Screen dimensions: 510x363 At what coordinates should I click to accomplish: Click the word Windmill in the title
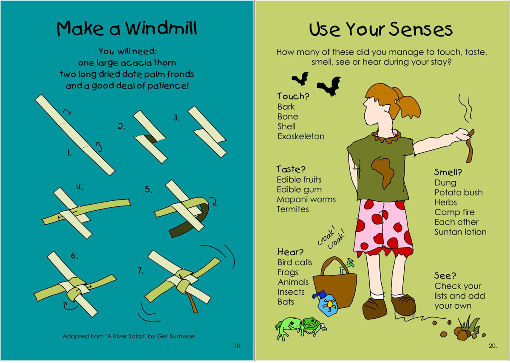(x=161, y=28)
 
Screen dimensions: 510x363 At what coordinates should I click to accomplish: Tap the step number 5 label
(x=148, y=189)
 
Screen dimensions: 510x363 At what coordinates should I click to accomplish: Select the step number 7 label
(x=141, y=270)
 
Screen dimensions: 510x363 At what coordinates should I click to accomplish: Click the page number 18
(x=238, y=346)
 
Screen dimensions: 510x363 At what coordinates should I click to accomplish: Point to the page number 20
(x=493, y=346)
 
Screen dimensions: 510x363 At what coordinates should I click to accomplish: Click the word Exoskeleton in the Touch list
(x=301, y=136)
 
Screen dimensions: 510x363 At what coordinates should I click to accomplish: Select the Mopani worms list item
(x=306, y=199)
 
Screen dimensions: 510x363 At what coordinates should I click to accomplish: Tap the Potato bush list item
(x=459, y=192)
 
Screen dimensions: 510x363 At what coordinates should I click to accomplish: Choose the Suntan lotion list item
(x=460, y=232)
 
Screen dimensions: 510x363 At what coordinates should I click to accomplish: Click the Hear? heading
(x=290, y=252)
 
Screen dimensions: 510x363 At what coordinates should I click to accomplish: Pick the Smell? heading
(x=448, y=172)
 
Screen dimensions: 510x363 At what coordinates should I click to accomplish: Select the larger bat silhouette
(x=329, y=86)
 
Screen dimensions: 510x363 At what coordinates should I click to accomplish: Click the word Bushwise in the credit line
(x=182, y=336)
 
